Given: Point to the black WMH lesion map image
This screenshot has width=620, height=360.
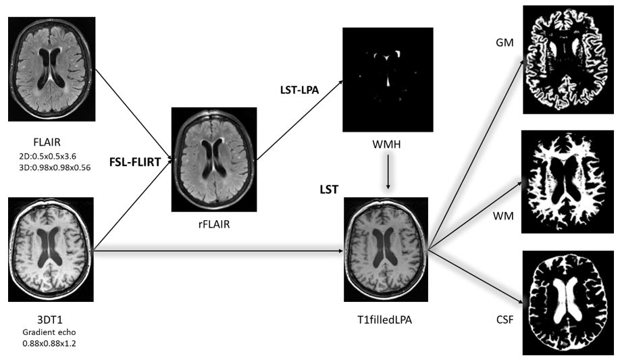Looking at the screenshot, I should point(387,79).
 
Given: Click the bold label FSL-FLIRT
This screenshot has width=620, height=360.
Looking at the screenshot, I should point(140,162).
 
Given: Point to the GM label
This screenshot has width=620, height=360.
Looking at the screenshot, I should point(504,42).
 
